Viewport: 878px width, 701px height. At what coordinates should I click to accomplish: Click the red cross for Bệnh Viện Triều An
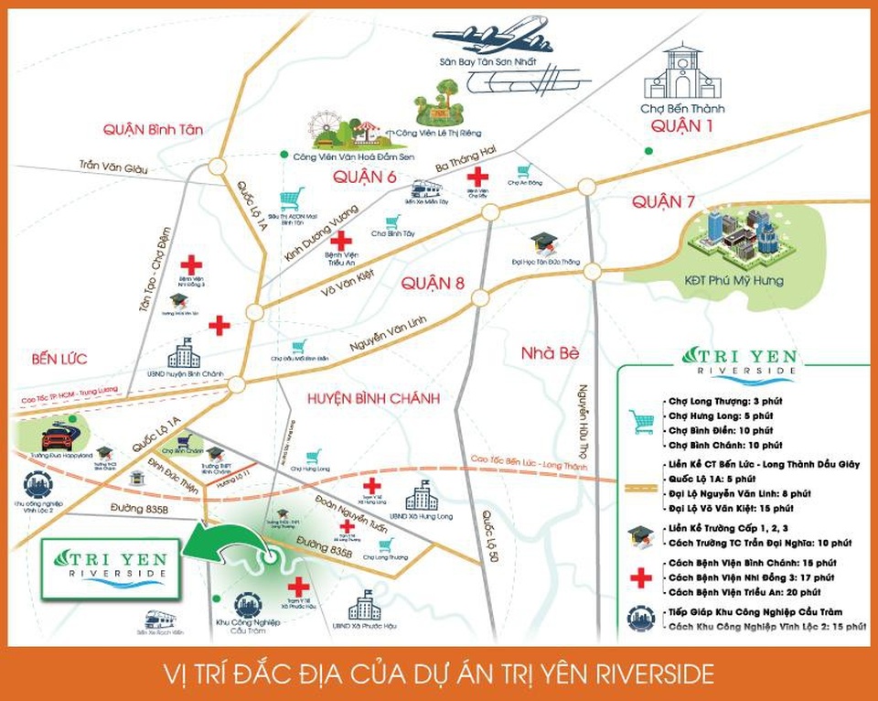(341, 242)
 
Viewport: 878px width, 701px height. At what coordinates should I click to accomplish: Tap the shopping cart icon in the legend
(641, 422)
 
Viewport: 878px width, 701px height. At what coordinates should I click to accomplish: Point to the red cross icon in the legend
(641, 577)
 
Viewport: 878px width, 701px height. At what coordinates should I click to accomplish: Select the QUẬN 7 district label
(669, 202)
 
